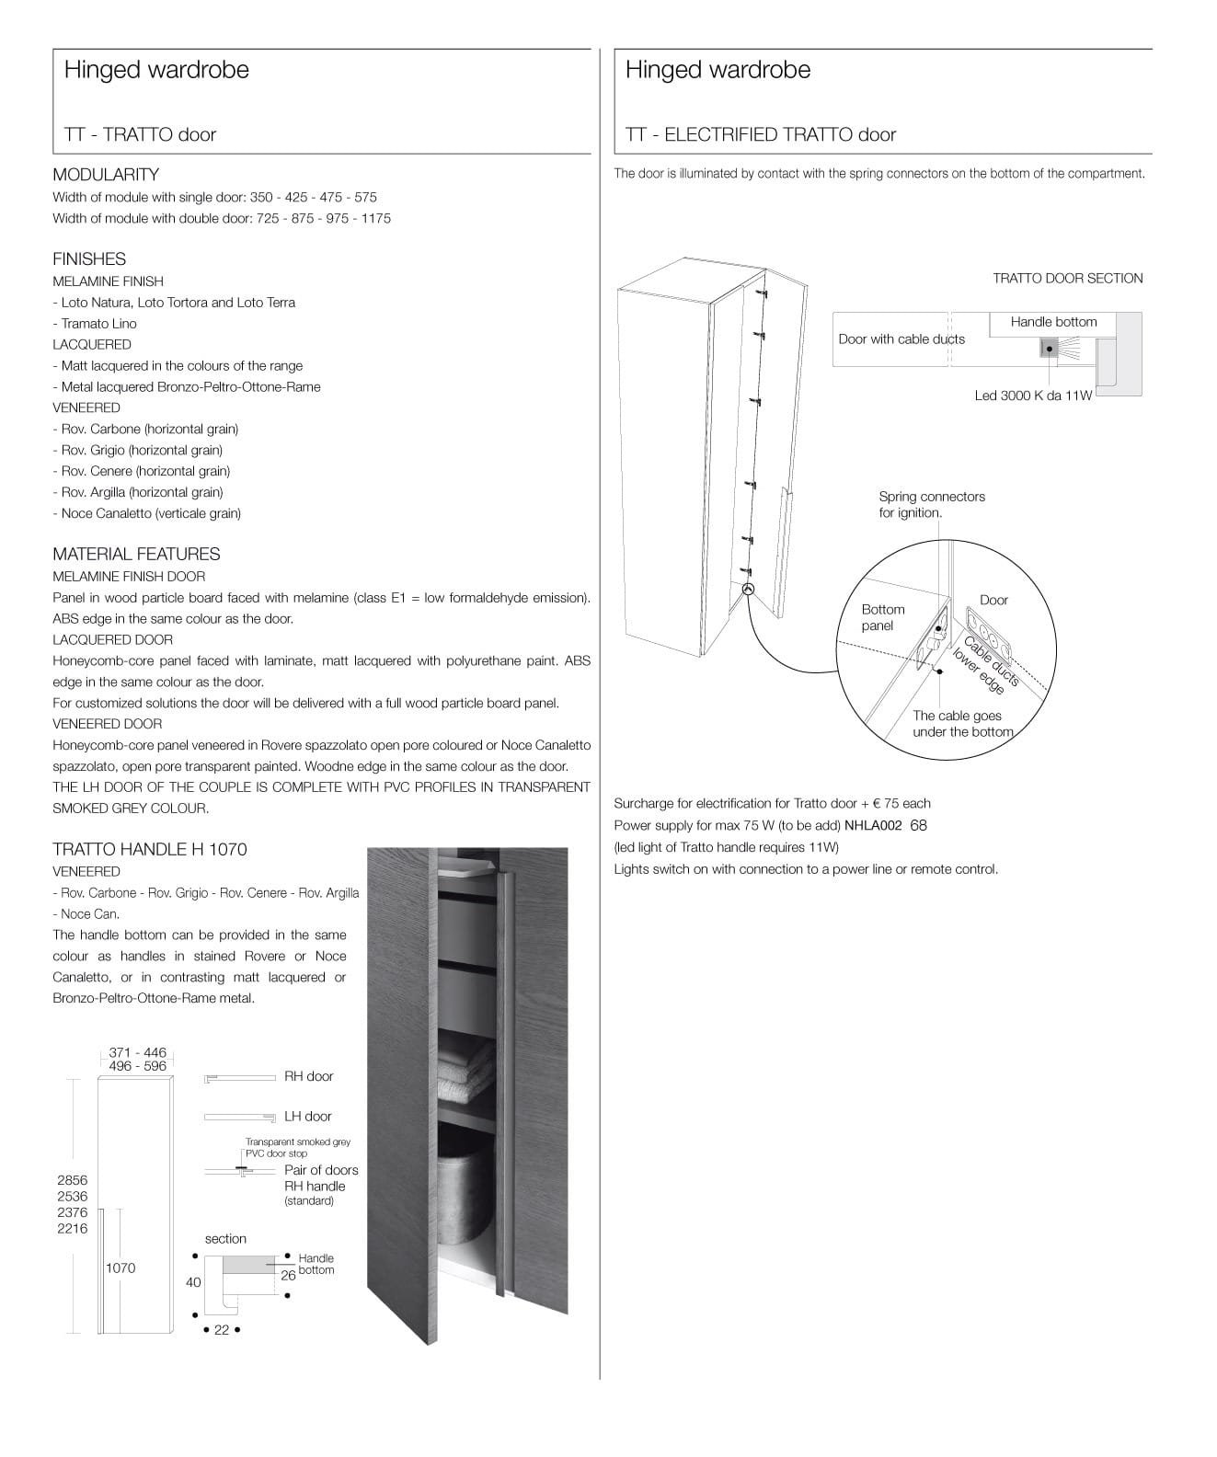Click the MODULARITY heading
(105, 175)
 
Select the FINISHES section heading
(88, 259)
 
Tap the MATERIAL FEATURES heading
(136, 554)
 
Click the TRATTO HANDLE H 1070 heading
(149, 849)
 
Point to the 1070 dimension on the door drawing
(120, 1268)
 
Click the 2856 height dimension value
(73, 1179)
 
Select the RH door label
(308, 1076)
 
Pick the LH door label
(307, 1117)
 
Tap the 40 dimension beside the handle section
(193, 1282)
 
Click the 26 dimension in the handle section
(288, 1275)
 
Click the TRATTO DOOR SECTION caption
(1067, 278)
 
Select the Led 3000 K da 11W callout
(1033, 396)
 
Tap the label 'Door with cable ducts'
(901, 339)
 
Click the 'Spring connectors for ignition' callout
(931, 504)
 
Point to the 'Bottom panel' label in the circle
(882, 617)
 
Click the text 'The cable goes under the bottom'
(962, 724)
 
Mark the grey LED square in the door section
(1049, 348)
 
